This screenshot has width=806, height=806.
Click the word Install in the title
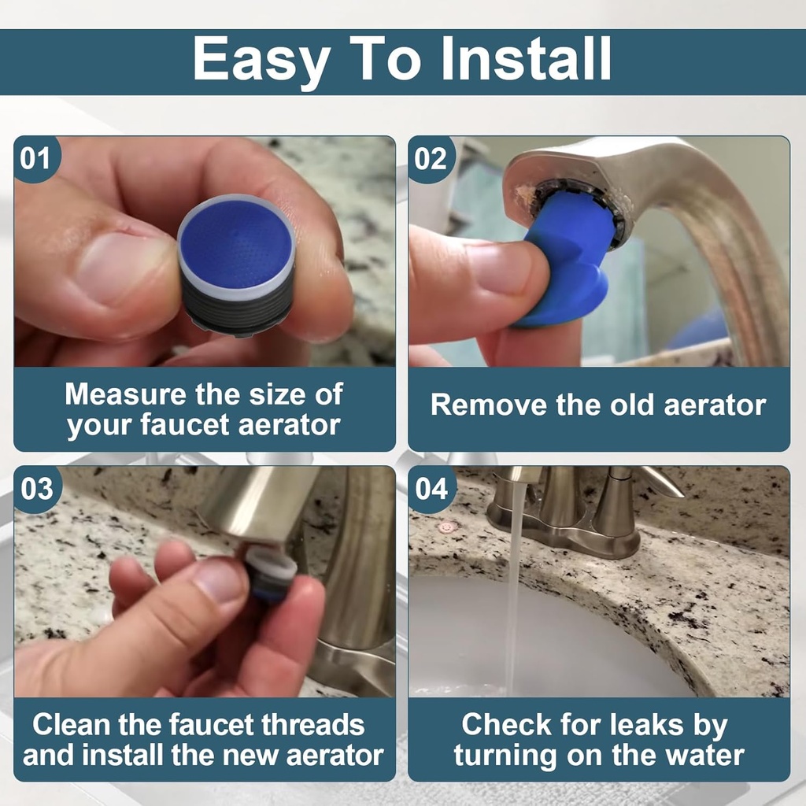coord(526,59)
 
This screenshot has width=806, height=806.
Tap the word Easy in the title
coord(259,59)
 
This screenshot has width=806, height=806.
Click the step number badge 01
coord(35,159)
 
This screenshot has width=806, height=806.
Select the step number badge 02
coord(431,159)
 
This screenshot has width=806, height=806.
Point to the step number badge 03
coord(35,489)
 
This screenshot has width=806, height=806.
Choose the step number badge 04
coord(431,489)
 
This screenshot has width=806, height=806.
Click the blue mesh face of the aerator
coord(235,244)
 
